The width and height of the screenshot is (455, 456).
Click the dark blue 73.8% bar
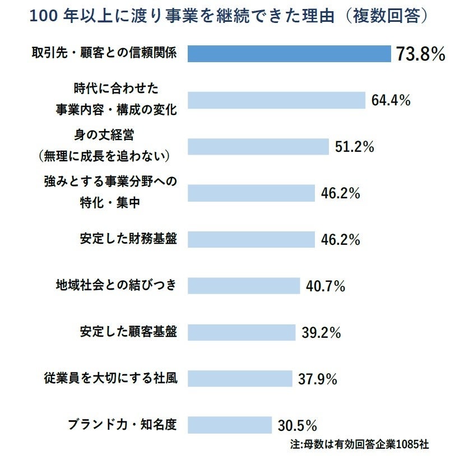click(289, 54)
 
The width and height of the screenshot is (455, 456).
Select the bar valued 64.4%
click(276, 100)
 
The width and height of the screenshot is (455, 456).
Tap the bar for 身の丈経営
click(258, 147)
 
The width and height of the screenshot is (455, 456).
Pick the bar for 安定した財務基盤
click(251, 239)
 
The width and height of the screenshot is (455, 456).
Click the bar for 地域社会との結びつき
click(244, 286)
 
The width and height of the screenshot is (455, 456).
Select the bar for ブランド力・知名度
click(229, 424)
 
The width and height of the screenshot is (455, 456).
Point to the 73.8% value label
click(420, 54)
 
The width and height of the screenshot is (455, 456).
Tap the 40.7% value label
click(325, 286)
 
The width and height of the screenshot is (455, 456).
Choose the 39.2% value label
click(321, 332)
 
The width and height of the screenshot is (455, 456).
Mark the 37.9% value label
click(317, 379)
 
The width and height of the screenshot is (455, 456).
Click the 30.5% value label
click(298, 425)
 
